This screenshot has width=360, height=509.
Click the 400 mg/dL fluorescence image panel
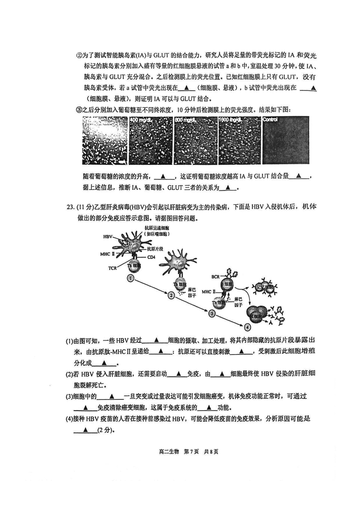[151, 140]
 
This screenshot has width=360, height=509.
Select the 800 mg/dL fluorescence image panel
[195, 140]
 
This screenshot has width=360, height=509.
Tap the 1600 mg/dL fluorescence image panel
[239, 140]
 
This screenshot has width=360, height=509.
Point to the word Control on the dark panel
[271, 120]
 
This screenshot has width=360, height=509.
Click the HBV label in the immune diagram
[108, 237]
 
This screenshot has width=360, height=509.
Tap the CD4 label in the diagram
[151, 257]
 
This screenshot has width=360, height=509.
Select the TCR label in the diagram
[112, 268]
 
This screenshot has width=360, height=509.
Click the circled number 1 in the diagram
[130, 277]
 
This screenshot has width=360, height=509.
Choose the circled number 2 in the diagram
[171, 295]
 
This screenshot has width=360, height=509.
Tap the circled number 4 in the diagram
[247, 327]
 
